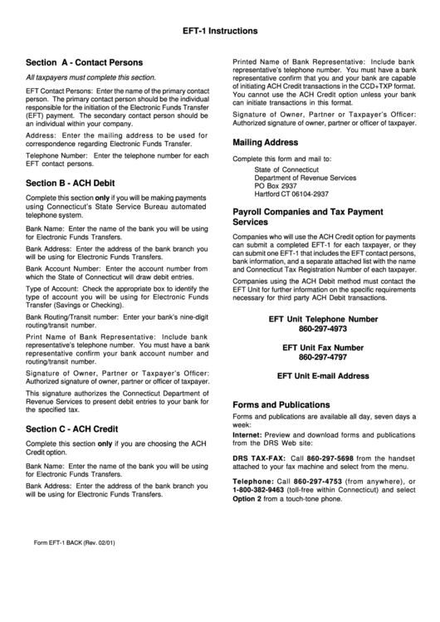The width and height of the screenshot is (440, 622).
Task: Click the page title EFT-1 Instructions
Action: click(x=219, y=32)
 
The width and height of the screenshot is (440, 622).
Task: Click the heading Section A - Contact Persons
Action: click(x=85, y=62)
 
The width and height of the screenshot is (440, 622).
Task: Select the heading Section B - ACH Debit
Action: click(x=71, y=183)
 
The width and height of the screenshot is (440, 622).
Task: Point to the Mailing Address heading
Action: click(x=265, y=142)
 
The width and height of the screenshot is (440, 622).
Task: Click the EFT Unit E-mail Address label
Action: click(x=323, y=376)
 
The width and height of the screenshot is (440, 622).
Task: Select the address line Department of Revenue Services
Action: click(x=305, y=178)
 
